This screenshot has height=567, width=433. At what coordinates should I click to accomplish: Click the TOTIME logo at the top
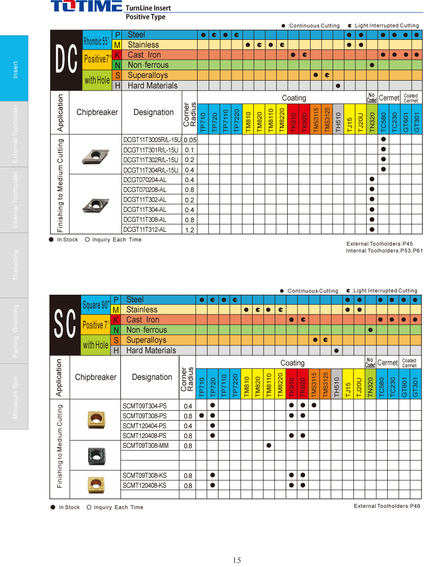tap(87, 7)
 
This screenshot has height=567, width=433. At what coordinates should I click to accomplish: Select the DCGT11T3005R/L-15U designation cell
tap(152, 140)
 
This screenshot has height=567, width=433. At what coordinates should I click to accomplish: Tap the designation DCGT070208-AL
tap(145, 190)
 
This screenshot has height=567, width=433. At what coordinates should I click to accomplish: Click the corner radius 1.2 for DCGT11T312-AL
tap(190, 230)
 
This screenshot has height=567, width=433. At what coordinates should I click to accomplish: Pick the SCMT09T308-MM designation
tap(146, 446)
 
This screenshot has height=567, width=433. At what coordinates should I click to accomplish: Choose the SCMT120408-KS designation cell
tap(145, 485)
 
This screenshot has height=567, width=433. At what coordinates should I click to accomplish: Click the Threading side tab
tap(14, 265)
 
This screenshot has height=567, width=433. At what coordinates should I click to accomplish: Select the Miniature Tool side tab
tap(14, 397)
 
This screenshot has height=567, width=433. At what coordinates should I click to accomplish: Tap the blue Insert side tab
tap(14, 69)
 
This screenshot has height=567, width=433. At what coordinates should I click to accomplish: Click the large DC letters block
tap(66, 60)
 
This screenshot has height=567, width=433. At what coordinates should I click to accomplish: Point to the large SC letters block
tap(65, 325)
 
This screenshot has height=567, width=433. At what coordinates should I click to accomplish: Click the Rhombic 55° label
tap(97, 40)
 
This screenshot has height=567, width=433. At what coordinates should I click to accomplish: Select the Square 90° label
tap(95, 305)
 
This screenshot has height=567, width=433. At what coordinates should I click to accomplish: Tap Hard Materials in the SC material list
tap(151, 350)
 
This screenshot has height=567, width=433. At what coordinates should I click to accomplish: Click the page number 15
tap(237, 560)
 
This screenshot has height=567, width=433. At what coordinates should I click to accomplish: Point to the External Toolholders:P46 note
tap(387, 506)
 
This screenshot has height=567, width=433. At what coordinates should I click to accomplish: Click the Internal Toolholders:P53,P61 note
tap(384, 250)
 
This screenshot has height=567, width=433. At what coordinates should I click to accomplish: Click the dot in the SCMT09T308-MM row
tap(269, 445)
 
